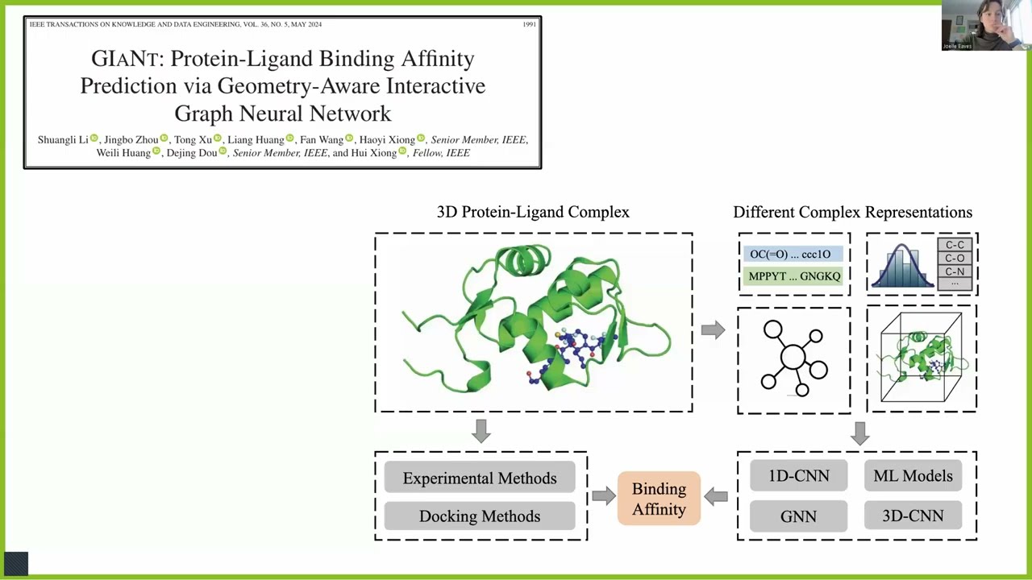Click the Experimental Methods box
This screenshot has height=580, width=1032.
click(480, 478)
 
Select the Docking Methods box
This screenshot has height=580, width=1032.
click(480, 516)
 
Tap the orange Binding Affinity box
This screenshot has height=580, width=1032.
click(659, 499)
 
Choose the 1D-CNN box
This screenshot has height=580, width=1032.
click(798, 476)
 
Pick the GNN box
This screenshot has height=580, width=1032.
click(798, 516)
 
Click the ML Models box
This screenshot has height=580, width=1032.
click(913, 476)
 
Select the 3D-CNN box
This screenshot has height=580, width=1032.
click(913, 516)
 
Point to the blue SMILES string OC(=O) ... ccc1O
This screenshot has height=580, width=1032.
click(790, 255)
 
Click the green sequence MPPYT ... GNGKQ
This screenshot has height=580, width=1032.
click(794, 276)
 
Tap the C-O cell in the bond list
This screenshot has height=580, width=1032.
click(955, 259)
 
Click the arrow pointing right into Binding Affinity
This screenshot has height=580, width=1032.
click(603, 496)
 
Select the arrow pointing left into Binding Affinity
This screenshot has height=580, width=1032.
click(716, 496)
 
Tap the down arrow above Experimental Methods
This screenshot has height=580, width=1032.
click(481, 431)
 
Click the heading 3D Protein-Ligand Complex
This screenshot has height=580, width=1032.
click(533, 212)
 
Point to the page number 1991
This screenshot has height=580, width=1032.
click(529, 24)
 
